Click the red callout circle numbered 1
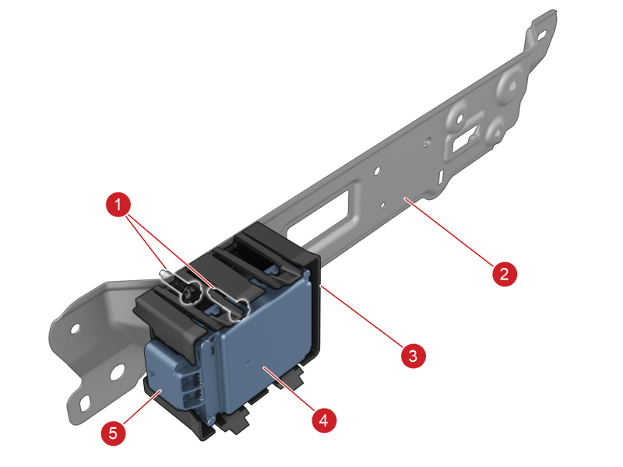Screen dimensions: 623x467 click(118, 205)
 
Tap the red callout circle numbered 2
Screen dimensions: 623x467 click(505, 274)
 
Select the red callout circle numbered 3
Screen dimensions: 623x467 click(414, 356)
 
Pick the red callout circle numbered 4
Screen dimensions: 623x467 click(324, 420)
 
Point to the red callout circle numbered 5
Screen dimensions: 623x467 click(113, 433)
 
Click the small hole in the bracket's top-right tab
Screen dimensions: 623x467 click(542, 36)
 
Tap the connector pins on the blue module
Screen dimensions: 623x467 click(196, 386)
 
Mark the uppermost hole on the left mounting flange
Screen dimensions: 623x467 click(75, 328)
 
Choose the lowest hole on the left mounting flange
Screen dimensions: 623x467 click(85, 405)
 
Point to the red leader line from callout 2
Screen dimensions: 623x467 click(449, 232)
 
